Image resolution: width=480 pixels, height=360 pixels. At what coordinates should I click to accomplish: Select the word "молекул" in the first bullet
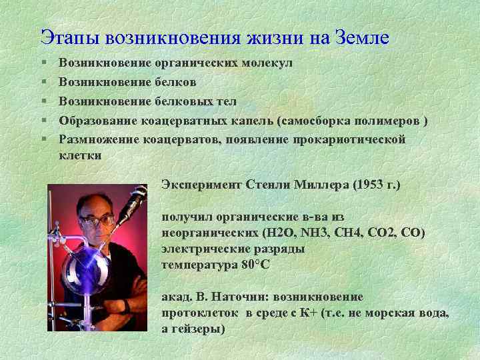[x=267, y=64]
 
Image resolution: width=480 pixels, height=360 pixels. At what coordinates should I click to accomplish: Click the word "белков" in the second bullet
[x=175, y=83]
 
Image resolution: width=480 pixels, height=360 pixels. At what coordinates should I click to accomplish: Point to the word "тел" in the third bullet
[x=226, y=101]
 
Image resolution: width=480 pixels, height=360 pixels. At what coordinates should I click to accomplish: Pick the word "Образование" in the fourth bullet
[x=98, y=120]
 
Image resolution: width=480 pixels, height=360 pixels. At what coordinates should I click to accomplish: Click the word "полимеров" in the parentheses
[x=389, y=120]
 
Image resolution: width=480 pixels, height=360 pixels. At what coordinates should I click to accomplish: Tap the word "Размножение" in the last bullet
[x=99, y=139]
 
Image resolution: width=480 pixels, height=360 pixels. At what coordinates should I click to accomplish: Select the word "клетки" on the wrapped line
[x=80, y=155]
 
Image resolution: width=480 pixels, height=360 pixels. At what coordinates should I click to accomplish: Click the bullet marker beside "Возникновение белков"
[x=43, y=83]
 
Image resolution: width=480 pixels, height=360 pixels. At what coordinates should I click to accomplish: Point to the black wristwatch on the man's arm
[x=125, y=306]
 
